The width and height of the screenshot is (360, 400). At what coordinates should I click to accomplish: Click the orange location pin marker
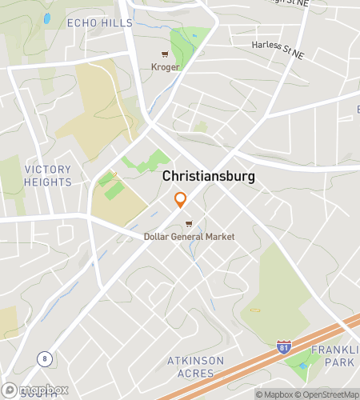[x=181, y=199]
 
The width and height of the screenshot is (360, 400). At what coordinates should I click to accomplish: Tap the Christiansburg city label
[x=209, y=176]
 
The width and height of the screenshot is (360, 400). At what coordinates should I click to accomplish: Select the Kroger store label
[x=165, y=67]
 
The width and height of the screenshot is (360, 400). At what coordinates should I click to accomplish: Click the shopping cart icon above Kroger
[x=165, y=54]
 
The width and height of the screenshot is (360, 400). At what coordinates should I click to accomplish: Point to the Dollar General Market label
[x=190, y=237]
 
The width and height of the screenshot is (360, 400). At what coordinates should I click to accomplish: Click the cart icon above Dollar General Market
[x=189, y=224]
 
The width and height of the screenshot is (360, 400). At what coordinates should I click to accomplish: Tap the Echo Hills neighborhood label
[x=100, y=23]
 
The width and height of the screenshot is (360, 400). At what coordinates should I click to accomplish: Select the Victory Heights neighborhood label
[x=48, y=176]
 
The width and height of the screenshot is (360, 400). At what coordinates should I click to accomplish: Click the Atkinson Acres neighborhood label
[x=196, y=367]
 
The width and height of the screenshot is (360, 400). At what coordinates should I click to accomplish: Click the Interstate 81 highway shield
[x=284, y=346]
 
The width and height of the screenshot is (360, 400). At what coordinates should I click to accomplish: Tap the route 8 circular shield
[x=44, y=358]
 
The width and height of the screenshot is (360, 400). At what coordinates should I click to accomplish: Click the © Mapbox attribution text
[x=274, y=394]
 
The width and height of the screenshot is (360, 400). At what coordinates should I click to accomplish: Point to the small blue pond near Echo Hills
[x=47, y=18]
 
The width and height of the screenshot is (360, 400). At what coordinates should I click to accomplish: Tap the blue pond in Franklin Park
[x=302, y=368]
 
